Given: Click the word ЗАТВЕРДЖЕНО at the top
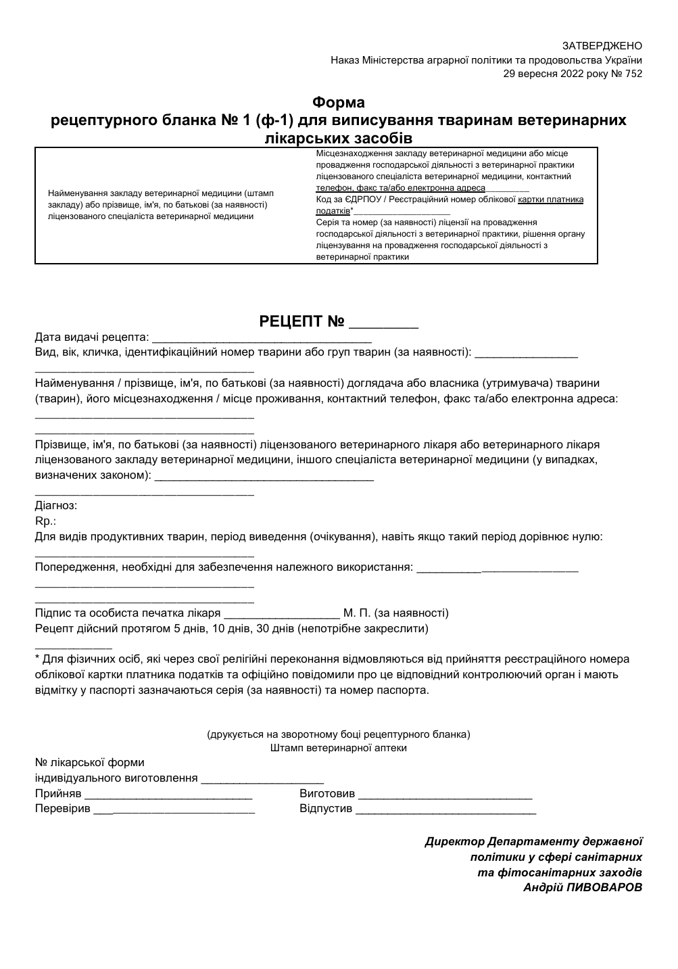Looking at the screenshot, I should pyautogui.click(x=602, y=46).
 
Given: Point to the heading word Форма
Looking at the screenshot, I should pyautogui.click(x=339, y=103).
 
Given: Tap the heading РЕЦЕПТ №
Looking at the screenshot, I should pyautogui.click(x=302, y=321).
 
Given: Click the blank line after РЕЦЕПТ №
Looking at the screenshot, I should pyautogui.click(x=383, y=326).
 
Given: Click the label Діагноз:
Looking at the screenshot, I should pyautogui.click(x=56, y=506).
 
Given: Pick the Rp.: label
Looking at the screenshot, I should pyautogui.click(x=45, y=521).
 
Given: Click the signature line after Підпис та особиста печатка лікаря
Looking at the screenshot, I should pyautogui.click(x=281, y=617).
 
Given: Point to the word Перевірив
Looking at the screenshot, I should pyautogui.click(x=62, y=809).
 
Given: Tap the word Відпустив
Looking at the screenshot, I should pyautogui.click(x=326, y=809).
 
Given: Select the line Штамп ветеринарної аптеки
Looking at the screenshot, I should pyautogui.click(x=339, y=748).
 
